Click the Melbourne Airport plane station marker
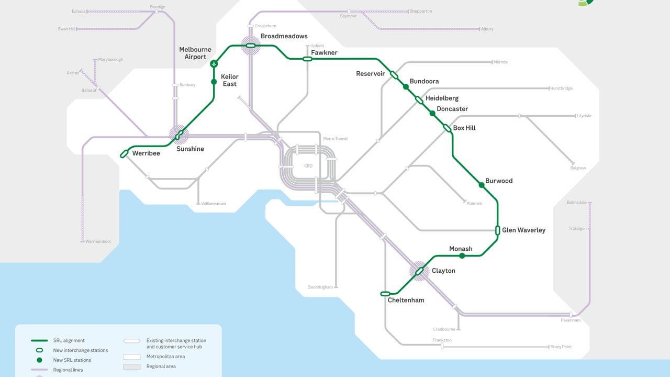pyautogui.click(x=214, y=64)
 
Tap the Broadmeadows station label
pyautogui.click(x=284, y=36)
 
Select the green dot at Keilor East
pyautogui.click(x=214, y=82)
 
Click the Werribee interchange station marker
pyautogui.click(x=124, y=154)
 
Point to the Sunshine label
pyautogui.click(x=190, y=149)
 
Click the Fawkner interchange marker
pyautogui.click(x=307, y=59)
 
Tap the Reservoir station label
pyautogui.click(x=370, y=74)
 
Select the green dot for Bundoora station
pyautogui.click(x=406, y=87)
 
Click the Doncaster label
pyautogui.click(x=452, y=109)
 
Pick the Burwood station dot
pyautogui.click(x=482, y=185)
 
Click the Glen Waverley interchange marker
pyautogui.click(x=498, y=230)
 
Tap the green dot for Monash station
pyautogui.click(x=462, y=256)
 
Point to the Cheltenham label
pyautogui.click(x=406, y=301)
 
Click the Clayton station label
pyautogui.click(x=443, y=271)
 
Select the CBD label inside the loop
pyautogui.click(x=308, y=166)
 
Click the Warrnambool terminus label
pyautogui.click(x=98, y=241)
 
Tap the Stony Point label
pyautogui.click(x=561, y=347)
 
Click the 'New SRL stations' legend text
pyautogui.click(x=72, y=360)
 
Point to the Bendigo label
pyautogui.click(x=158, y=7)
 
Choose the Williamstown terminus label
pyautogui.click(x=214, y=204)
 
